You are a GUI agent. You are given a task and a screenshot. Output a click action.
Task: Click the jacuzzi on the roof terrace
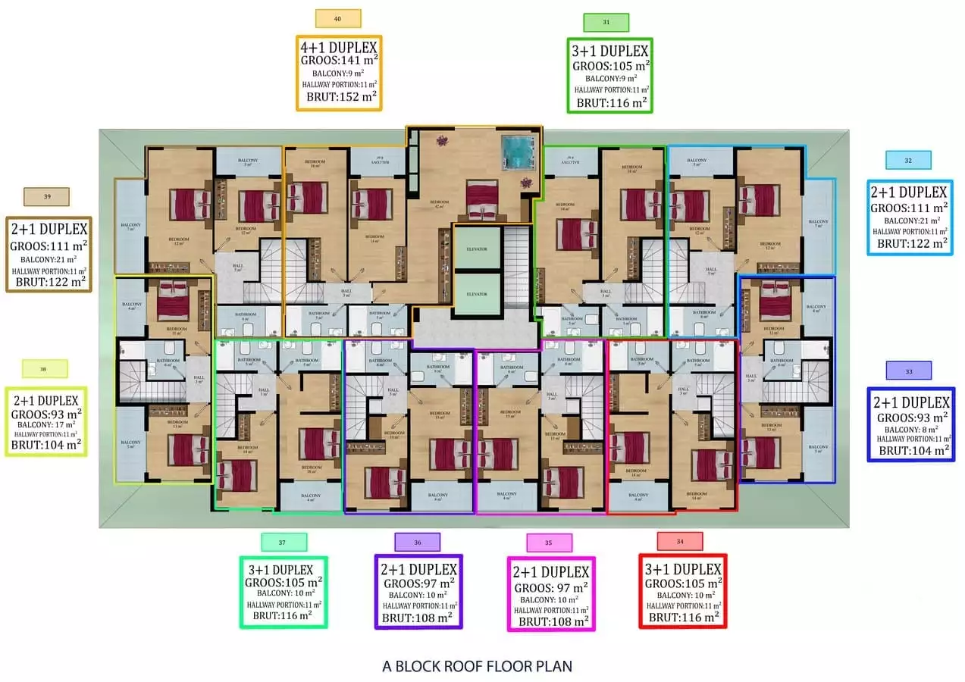tap(519, 152)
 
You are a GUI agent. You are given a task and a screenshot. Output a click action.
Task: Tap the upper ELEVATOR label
tap(476, 249)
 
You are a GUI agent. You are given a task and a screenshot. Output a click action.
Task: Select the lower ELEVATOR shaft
tap(476, 294)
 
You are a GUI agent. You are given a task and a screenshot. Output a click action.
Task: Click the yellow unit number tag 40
tap(337, 18)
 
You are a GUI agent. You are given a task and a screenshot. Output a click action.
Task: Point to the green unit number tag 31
tap(606, 23)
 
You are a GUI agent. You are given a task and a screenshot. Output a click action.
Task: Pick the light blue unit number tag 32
tap(908, 160)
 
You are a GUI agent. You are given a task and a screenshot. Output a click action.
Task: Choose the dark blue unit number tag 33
tap(908, 371)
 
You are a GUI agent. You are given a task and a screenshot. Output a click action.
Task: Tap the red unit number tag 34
tap(680, 541)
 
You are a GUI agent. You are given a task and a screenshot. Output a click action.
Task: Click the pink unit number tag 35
tap(549, 543)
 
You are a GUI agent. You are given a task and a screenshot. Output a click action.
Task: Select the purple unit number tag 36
tap(417, 542)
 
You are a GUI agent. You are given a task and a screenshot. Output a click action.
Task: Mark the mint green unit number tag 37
tap(284, 542)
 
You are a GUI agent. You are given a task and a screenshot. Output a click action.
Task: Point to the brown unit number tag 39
tap(47, 196)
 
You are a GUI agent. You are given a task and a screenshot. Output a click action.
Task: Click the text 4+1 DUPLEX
tap(338, 48)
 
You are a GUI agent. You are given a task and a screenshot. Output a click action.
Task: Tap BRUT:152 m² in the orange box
tap(338, 97)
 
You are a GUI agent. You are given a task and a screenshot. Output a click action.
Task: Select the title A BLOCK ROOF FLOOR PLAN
tap(477, 667)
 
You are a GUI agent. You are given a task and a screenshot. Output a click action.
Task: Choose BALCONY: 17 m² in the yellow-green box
tap(46, 424)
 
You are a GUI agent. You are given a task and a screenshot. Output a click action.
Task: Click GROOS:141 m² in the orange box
tap(338, 61)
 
